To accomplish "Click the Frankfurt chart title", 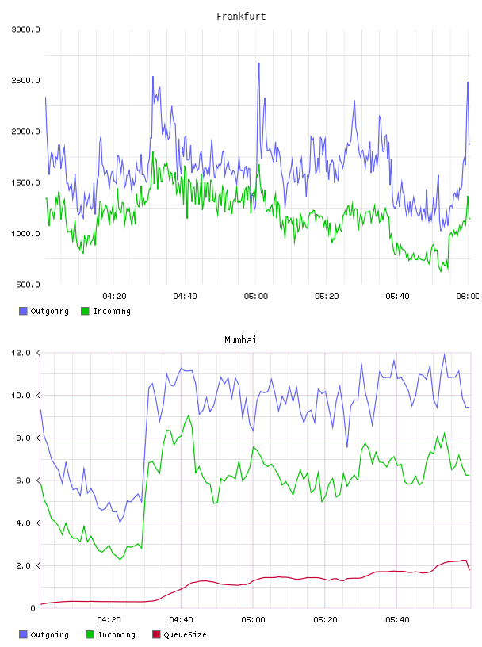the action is (x=241, y=17).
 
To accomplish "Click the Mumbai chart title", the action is (x=240, y=340).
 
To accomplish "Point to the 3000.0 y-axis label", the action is (x=25, y=29).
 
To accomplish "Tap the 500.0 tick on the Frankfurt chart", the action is (x=28, y=285).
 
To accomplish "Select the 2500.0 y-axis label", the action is (x=25, y=80).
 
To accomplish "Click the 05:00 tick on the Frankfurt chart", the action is (x=256, y=297).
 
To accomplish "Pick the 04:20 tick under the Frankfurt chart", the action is (x=114, y=297).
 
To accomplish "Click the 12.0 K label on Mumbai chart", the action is (x=25, y=353).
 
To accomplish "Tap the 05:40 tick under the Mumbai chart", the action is (x=397, y=620).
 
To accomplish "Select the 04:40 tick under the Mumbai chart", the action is (x=182, y=620).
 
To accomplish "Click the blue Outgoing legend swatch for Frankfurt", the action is (x=23, y=311).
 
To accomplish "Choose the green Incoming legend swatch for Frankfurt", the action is (x=85, y=311).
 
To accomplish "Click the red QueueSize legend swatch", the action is (x=156, y=634).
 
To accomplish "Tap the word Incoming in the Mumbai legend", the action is (x=117, y=634).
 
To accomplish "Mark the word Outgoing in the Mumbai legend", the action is (x=49, y=634).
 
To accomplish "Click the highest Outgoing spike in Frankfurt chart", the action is (x=259, y=63).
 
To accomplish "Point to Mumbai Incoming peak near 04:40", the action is (x=189, y=415).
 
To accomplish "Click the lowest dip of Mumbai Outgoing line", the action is (x=120, y=522).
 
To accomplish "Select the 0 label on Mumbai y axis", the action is (x=33, y=608).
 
